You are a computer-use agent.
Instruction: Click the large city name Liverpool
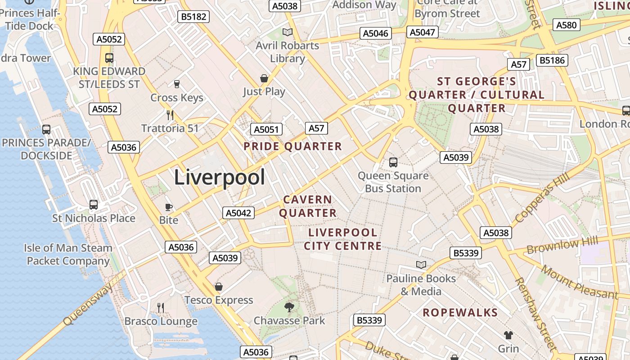[x=219, y=177]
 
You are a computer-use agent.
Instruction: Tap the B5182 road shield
[x=193, y=17]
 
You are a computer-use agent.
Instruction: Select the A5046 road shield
[x=375, y=33]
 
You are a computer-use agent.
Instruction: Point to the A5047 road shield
[x=423, y=32]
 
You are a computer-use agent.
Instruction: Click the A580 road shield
[x=566, y=25]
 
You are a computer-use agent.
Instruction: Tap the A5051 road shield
[x=266, y=130]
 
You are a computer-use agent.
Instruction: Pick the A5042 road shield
[x=238, y=213]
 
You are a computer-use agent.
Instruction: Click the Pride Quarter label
[x=292, y=146]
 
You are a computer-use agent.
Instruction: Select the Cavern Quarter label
[x=308, y=206]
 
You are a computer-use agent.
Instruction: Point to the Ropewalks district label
[x=460, y=313]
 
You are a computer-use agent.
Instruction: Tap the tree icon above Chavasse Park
[x=289, y=307]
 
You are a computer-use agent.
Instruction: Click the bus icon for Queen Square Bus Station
[x=393, y=162]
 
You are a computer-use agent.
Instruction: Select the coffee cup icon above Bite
[x=169, y=207]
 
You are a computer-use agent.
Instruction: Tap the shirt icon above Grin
[x=508, y=335]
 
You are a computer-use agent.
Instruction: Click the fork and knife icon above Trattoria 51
[x=170, y=115]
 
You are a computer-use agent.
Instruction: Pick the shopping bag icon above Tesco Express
[x=219, y=287]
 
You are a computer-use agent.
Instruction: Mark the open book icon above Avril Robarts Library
[x=287, y=32]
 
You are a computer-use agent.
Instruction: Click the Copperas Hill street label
[x=542, y=198]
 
